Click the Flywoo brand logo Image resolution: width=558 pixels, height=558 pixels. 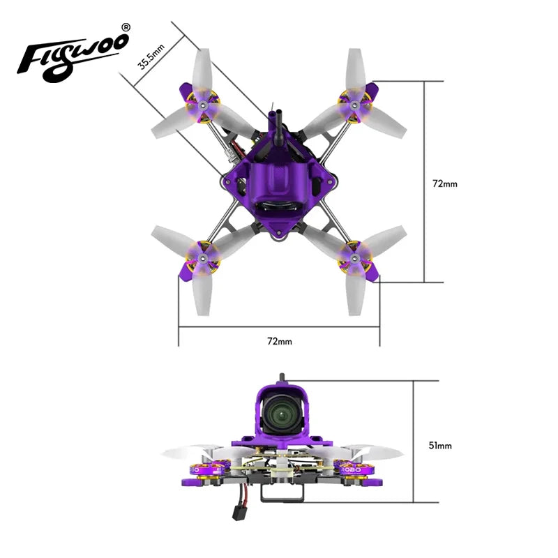click(x=73, y=53)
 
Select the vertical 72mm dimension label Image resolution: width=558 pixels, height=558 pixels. click(x=445, y=183)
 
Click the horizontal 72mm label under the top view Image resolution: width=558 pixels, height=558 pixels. click(x=279, y=341)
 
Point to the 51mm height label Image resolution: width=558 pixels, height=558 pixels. click(x=439, y=445)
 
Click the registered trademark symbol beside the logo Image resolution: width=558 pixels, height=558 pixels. click(x=126, y=27)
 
